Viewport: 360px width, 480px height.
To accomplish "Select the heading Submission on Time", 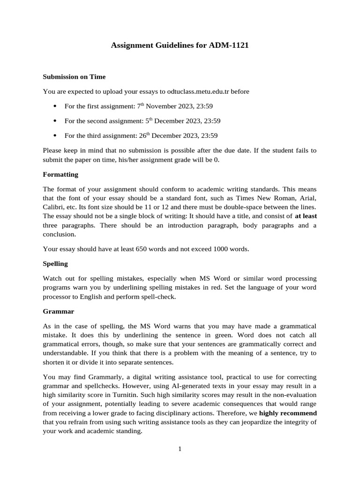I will [74, 76].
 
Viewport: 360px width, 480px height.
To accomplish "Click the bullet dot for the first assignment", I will [55, 106].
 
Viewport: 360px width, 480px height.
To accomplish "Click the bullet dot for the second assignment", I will [55, 121].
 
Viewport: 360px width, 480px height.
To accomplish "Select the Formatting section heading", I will [60, 174].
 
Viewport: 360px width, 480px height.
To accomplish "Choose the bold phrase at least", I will [306, 216].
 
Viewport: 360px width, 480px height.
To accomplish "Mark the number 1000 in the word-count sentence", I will [221, 249].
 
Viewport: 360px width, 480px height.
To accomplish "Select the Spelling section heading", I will [55, 263].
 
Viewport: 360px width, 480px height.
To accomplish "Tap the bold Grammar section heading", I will [59, 311].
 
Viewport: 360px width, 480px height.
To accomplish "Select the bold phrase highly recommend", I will [288, 413].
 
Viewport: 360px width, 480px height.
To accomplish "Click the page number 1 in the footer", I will [180, 449].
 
